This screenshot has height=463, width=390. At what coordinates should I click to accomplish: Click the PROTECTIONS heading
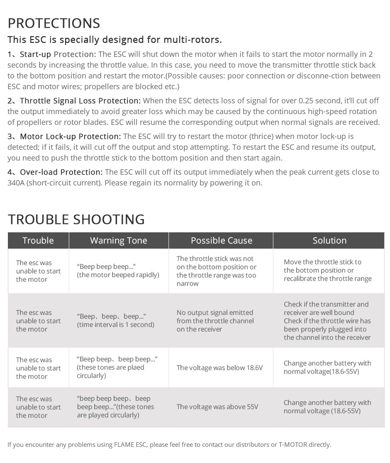(54, 23)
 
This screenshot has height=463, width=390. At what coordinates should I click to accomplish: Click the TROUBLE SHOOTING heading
(76, 219)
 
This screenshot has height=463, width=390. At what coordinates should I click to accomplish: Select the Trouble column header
(38, 241)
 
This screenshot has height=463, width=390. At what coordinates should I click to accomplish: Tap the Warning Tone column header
(119, 241)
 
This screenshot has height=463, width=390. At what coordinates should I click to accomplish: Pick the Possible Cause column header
(222, 241)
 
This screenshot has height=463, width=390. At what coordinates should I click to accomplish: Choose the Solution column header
(329, 241)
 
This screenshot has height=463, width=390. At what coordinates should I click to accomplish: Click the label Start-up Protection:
(58, 54)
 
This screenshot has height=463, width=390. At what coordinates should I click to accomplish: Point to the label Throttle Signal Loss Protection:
(80, 101)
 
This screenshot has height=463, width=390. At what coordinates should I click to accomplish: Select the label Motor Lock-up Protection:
(70, 136)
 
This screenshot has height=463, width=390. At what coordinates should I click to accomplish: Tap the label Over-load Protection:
(61, 172)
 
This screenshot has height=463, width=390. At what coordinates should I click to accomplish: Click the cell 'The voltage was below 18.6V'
(220, 368)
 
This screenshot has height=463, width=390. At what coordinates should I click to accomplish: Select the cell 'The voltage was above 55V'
(217, 407)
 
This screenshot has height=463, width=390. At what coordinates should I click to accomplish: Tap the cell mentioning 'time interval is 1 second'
(115, 321)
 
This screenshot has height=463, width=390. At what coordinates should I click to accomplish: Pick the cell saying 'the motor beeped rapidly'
(118, 271)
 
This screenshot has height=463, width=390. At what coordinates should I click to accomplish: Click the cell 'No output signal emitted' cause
(215, 321)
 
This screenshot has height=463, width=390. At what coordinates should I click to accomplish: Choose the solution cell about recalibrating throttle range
(328, 270)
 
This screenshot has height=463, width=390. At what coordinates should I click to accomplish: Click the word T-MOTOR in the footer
(293, 445)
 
